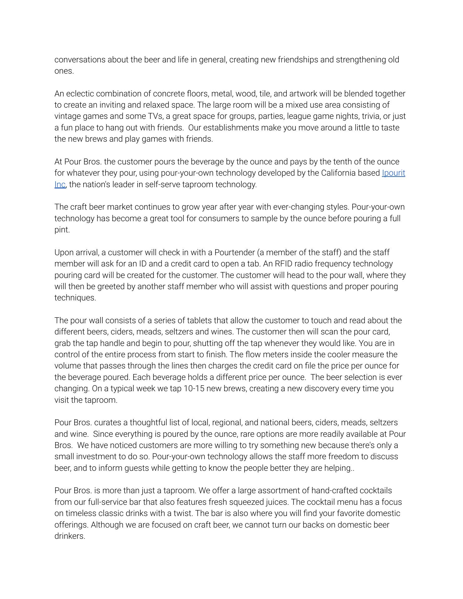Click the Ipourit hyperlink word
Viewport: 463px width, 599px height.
coord(393,173)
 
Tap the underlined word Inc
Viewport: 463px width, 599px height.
coord(60,184)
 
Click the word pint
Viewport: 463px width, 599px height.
coord(62,230)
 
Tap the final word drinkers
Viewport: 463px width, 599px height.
coord(70,536)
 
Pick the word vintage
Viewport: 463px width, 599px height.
coord(67,116)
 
